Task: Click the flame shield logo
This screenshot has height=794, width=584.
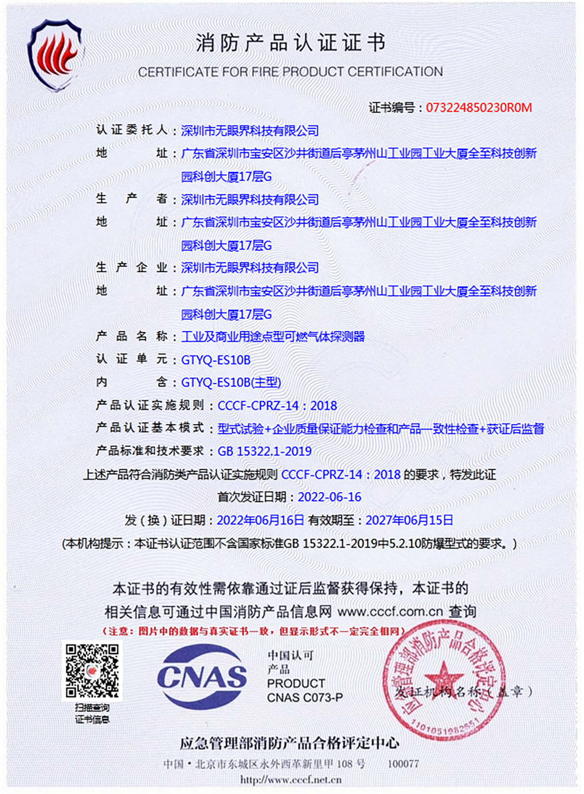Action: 56,56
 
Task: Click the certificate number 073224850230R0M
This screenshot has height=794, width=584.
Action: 479,108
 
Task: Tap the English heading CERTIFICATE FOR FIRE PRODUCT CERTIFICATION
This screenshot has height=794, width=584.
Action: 290,72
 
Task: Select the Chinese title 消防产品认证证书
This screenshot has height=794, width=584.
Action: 291,43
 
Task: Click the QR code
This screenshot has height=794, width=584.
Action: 92,670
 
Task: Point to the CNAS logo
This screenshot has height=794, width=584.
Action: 202,677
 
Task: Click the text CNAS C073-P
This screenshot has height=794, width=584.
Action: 304,698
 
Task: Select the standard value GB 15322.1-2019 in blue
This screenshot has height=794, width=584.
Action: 264,451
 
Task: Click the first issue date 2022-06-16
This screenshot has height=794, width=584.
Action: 329,497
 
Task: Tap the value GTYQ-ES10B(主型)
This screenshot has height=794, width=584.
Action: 231,383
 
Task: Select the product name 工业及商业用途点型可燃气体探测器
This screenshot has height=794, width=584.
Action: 273,337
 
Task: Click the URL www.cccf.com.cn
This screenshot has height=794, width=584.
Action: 390,611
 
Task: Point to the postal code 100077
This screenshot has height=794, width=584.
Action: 403,764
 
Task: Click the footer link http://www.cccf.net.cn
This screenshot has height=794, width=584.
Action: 291,780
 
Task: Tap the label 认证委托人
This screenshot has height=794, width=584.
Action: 132,130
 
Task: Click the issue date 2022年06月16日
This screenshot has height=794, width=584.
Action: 260,520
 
